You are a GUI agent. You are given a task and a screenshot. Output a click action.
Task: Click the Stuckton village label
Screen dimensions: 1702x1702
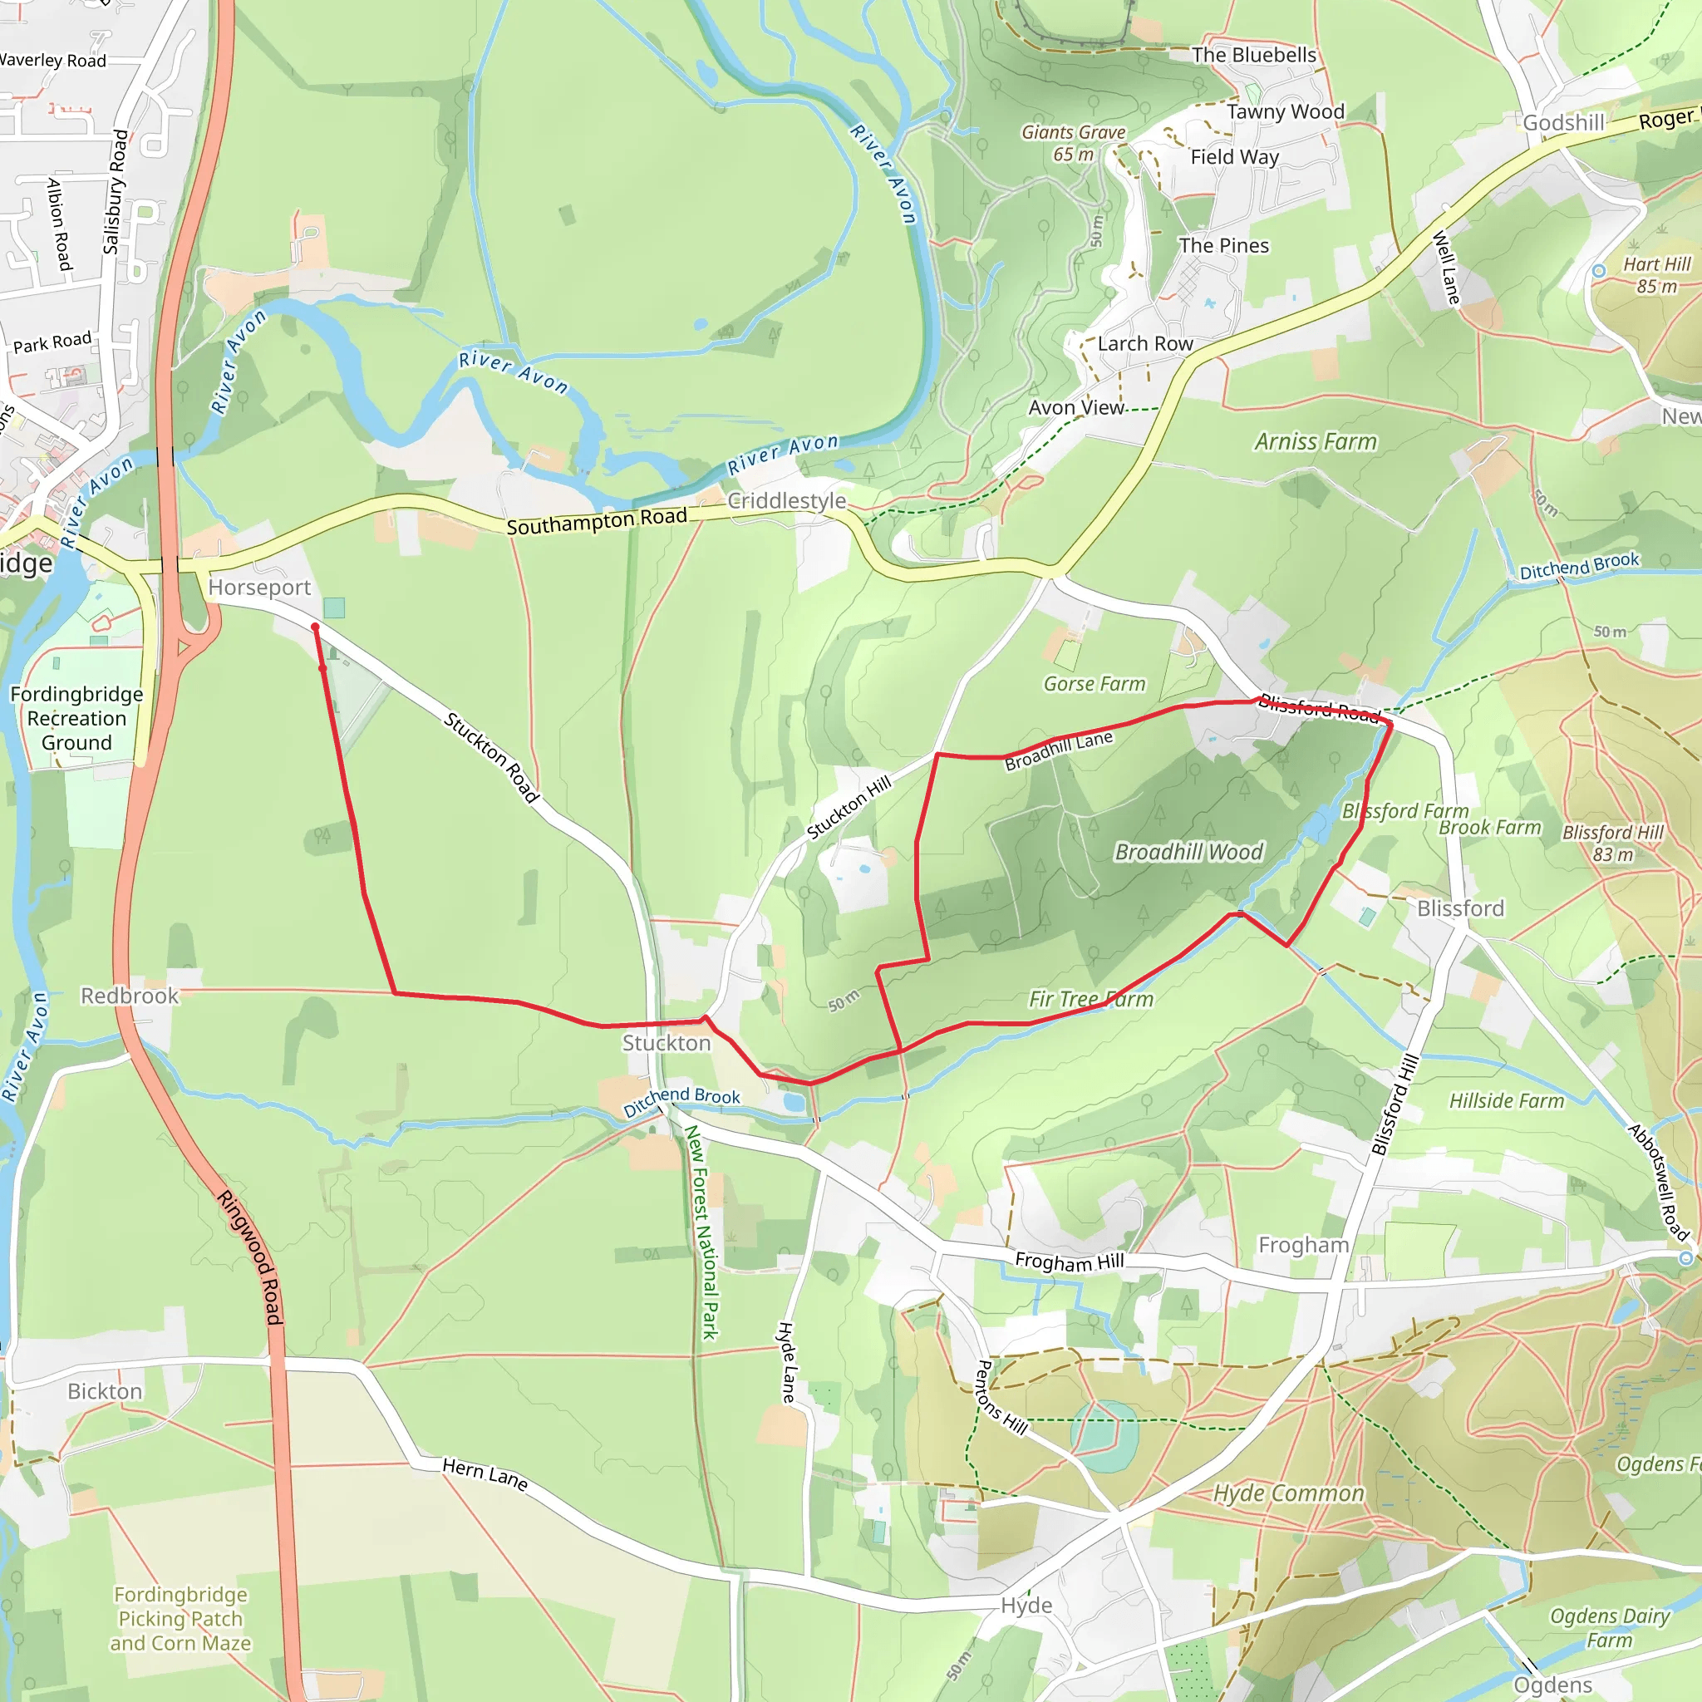pyautogui.click(x=666, y=1043)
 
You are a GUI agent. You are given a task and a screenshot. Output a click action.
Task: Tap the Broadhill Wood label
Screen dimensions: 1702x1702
pyautogui.click(x=1188, y=852)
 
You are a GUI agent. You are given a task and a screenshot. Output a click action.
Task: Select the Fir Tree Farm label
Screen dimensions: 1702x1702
pyautogui.click(x=1090, y=999)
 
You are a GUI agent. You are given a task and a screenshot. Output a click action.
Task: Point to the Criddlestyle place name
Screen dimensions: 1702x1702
pyautogui.click(x=786, y=500)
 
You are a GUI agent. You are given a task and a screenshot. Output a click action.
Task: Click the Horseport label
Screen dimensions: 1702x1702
pyautogui.click(x=260, y=587)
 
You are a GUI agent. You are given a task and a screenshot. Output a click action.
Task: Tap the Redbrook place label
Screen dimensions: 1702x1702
pyautogui.click(x=130, y=996)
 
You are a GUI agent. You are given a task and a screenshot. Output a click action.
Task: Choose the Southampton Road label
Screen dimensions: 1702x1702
pyautogui.click(x=597, y=522)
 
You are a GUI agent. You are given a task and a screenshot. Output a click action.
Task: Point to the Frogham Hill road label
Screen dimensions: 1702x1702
pyautogui.click(x=1069, y=1262)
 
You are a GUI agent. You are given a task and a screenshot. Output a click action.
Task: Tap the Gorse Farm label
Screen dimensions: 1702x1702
pyautogui.click(x=1094, y=684)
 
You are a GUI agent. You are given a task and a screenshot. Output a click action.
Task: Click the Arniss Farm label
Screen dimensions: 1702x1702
pyautogui.click(x=1316, y=441)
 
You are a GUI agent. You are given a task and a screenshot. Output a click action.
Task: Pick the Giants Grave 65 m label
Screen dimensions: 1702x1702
pyautogui.click(x=1073, y=143)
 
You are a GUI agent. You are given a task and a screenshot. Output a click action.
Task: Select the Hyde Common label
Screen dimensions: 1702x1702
pyautogui.click(x=1288, y=1493)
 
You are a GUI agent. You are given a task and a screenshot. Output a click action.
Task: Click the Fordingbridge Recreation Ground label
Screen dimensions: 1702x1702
pyautogui.click(x=76, y=718)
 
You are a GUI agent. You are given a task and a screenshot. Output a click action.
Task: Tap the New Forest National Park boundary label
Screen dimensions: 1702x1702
pyautogui.click(x=702, y=1232)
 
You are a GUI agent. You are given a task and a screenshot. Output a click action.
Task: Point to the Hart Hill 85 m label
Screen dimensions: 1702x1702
pyautogui.click(x=1656, y=275)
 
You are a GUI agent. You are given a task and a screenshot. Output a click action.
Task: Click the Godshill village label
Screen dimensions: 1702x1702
pyautogui.click(x=1564, y=122)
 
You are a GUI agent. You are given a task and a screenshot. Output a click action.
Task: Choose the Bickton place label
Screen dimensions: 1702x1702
pyautogui.click(x=105, y=1391)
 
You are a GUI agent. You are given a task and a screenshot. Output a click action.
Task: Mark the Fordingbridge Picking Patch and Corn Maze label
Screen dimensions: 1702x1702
pyautogui.click(x=180, y=1618)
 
